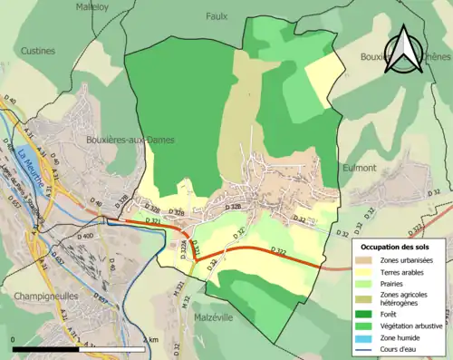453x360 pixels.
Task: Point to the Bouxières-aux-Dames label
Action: click(130, 140)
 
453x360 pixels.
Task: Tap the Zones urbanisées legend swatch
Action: click(368, 260)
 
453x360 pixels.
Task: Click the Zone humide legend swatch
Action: click(368, 337)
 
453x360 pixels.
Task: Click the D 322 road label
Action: click(279, 251)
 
